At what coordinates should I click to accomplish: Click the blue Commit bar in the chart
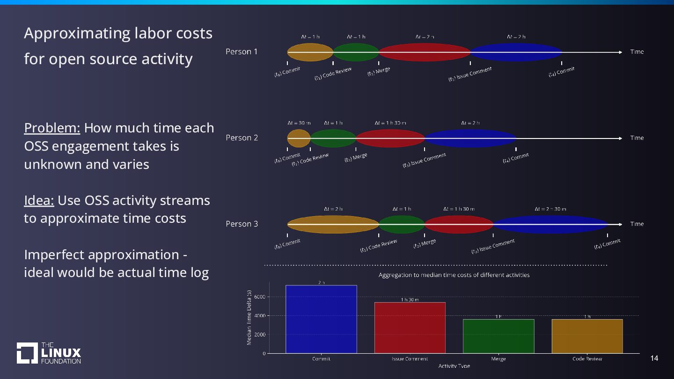[x=321, y=319]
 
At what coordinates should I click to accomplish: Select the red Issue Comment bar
[x=410, y=328]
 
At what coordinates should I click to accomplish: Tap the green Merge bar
[x=498, y=336]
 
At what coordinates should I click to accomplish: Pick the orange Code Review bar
[x=587, y=336]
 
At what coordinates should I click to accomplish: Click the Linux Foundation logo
[x=49, y=353]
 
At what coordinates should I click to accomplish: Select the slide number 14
[x=654, y=358]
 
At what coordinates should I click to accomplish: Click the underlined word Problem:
[x=52, y=128]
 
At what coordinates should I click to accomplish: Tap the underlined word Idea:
[x=39, y=200]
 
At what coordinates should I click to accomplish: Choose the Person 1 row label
[x=242, y=52]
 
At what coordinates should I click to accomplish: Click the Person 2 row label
[x=242, y=138]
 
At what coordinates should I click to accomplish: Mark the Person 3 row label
[x=242, y=224]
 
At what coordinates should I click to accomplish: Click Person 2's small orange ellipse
[x=299, y=138]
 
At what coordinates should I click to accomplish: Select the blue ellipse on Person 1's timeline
[x=515, y=52]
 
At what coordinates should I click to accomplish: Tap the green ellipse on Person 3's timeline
[x=401, y=224]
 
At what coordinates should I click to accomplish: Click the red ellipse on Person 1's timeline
[x=424, y=52]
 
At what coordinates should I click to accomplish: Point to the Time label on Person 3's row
[x=637, y=224]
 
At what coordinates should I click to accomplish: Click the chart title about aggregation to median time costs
[x=454, y=275]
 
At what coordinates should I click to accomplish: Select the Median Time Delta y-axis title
[x=249, y=318]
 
